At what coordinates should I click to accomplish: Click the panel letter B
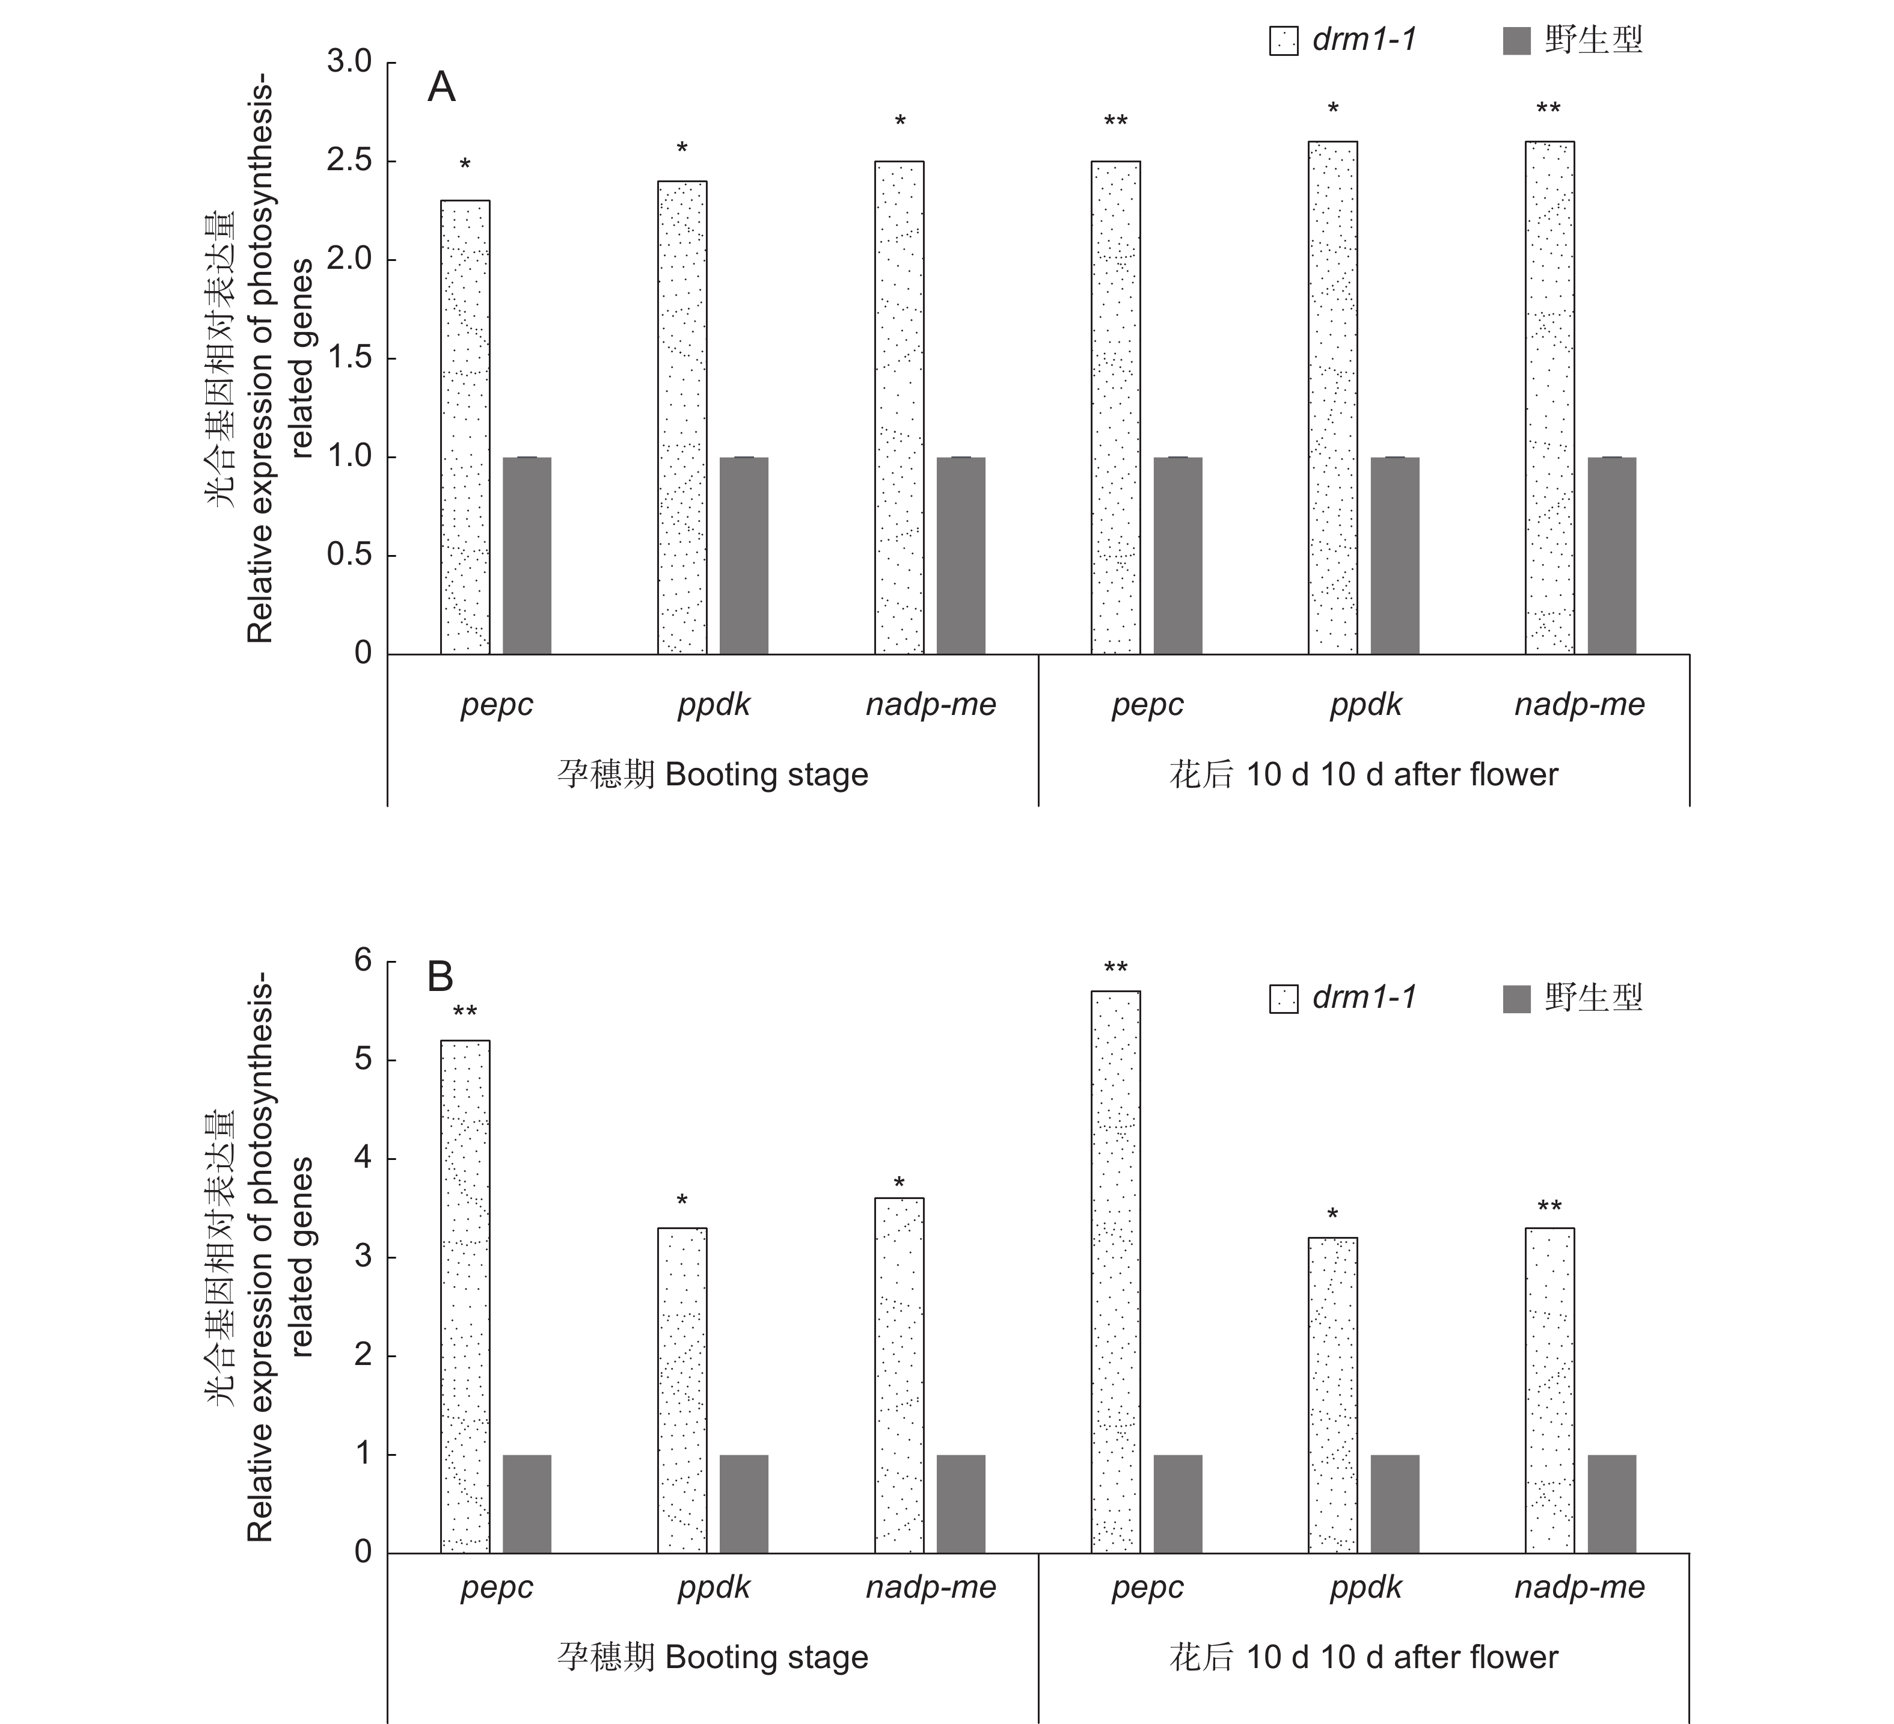pos(441,977)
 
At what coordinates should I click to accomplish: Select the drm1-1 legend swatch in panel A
pos(1283,40)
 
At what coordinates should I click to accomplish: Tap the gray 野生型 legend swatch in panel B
pos(1516,999)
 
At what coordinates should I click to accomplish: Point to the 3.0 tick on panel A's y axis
pos(349,62)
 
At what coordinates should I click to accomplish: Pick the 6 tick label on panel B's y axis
pos(363,960)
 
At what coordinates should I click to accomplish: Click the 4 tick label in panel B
pos(363,1158)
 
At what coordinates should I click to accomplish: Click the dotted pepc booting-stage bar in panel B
pos(465,1296)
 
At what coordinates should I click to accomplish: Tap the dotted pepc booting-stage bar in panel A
pos(465,428)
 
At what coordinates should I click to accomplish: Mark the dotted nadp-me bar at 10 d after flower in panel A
pos(1549,397)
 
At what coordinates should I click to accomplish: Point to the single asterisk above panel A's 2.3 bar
pos(465,164)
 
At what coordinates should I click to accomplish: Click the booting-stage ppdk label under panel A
pos(714,705)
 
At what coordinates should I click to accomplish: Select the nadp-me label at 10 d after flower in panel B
pos(1580,1587)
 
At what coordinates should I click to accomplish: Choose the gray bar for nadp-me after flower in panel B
pos(1611,1503)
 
